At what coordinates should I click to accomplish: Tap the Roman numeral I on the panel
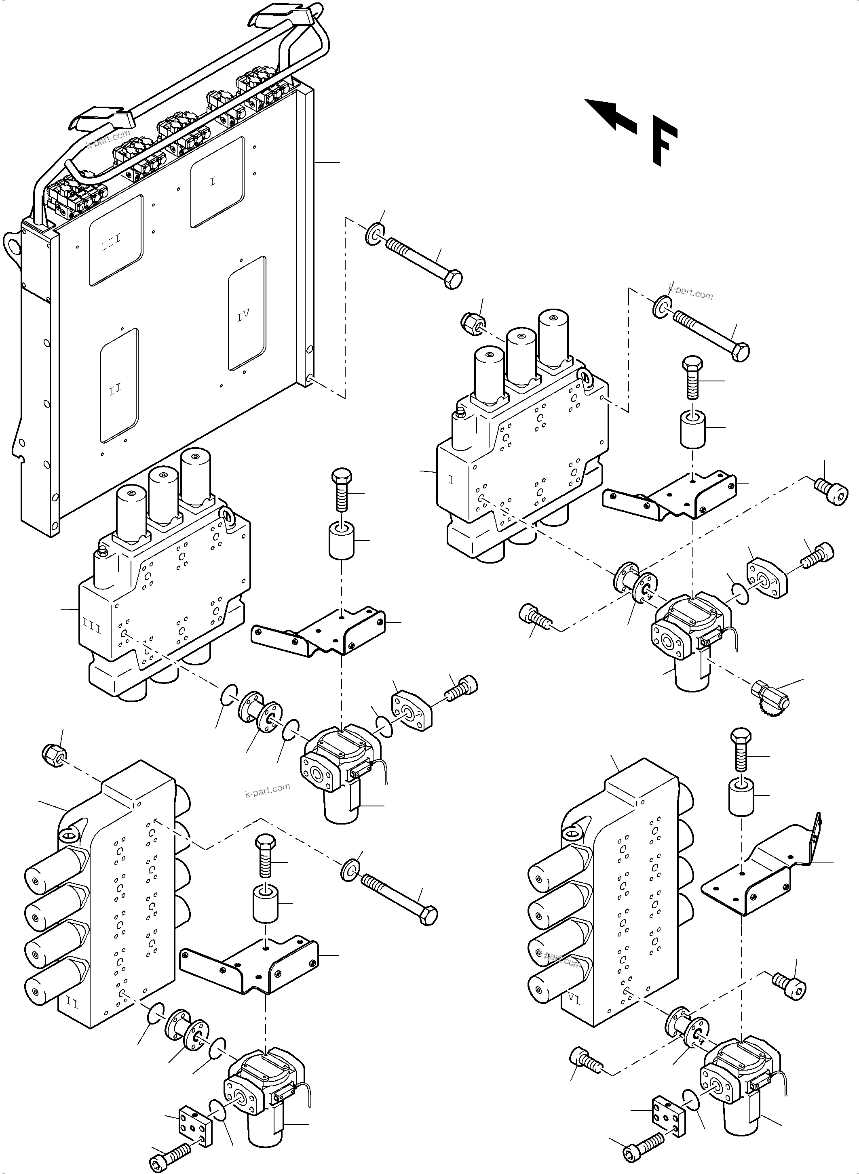212,181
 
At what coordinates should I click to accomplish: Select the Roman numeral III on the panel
111,241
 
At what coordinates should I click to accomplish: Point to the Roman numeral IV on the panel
243,314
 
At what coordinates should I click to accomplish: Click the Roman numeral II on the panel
116,389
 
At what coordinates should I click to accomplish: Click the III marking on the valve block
92,627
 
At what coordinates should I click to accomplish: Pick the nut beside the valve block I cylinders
472,322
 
